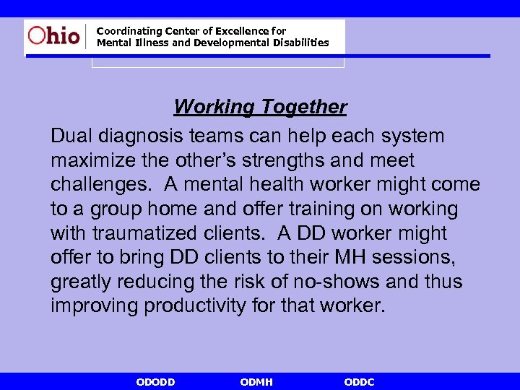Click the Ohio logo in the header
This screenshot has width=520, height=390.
point(54,35)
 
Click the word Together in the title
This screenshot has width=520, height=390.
point(304,107)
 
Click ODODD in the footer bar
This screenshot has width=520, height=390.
point(155,382)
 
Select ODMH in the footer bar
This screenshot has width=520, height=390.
point(256,382)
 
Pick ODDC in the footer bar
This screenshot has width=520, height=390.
point(360,382)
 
